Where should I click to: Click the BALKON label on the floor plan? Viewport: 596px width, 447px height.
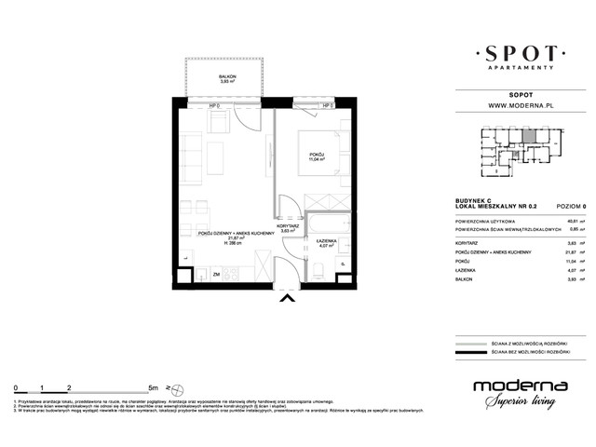[x=226, y=78]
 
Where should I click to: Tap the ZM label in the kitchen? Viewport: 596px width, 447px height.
[x=216, y=276]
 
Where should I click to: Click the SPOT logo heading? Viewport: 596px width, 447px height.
[x=516, y=52]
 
